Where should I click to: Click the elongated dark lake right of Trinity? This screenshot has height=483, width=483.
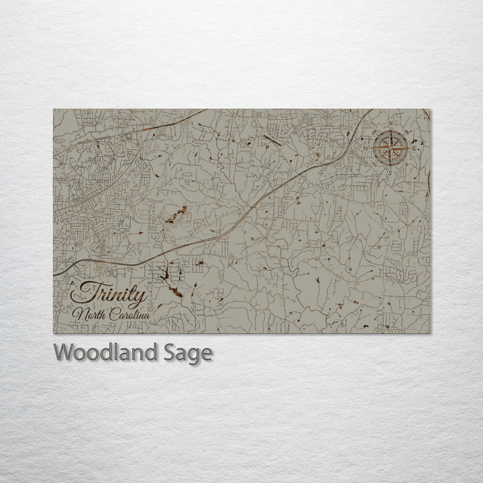click(x=174, y=290)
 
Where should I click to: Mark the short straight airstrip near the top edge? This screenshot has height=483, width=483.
click(x=272, y=140)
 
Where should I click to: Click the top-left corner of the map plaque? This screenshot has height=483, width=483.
click(x=54, y=109)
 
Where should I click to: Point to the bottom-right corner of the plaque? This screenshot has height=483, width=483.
click(x=431, y=333)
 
